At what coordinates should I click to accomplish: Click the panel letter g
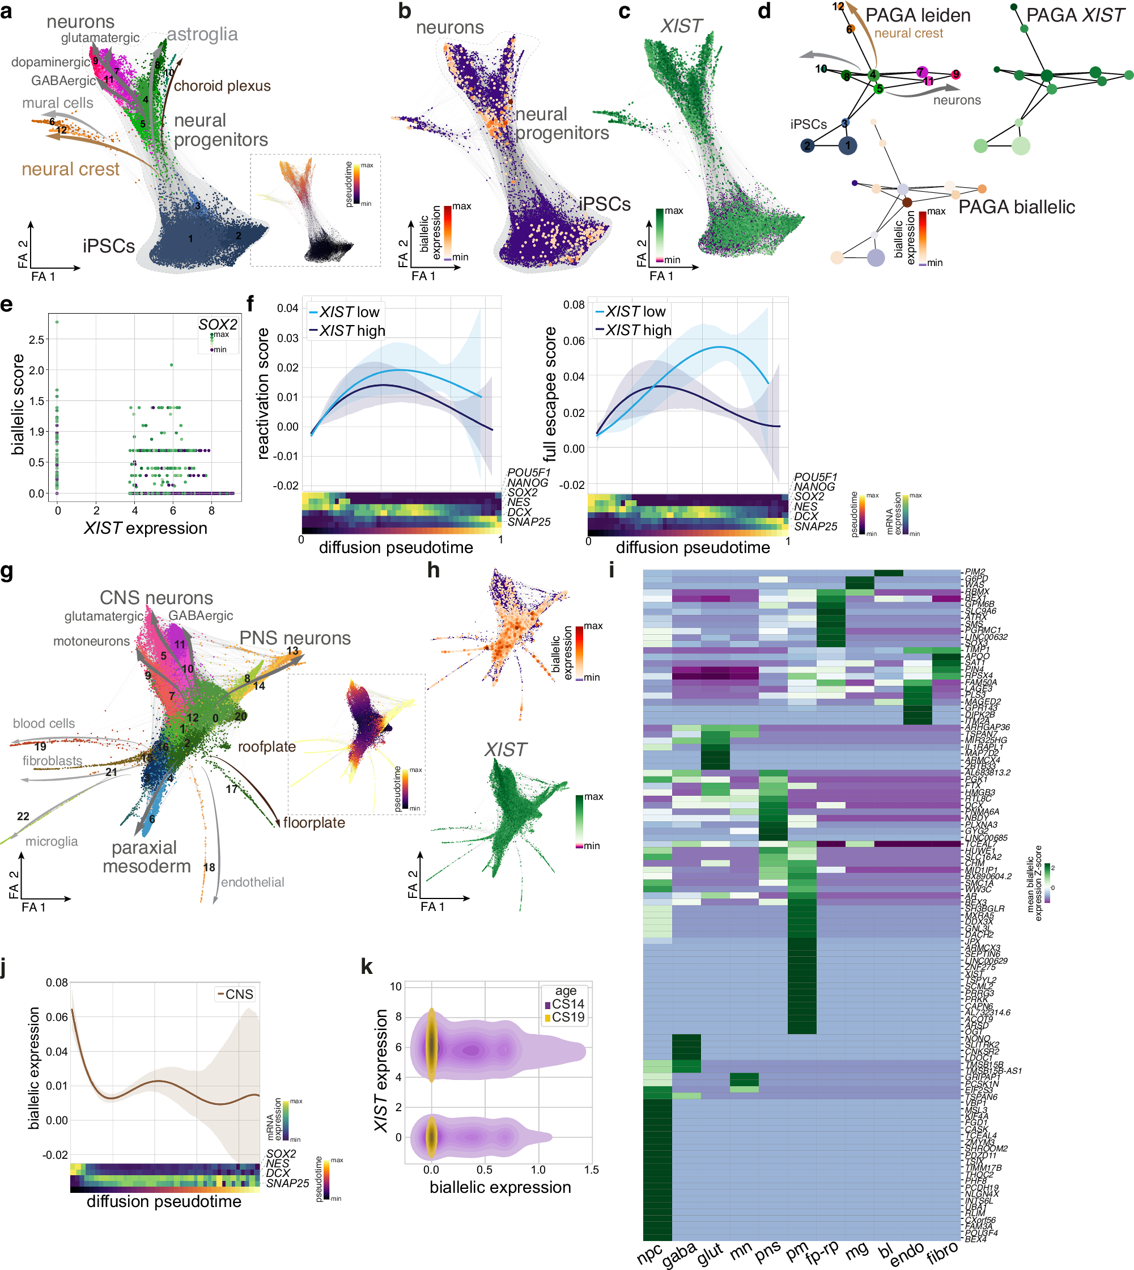(7, 572)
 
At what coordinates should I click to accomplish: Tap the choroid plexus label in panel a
(222, 86)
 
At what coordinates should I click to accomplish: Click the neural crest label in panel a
(70, 169)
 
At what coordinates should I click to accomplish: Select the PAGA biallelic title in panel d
(1016, 207)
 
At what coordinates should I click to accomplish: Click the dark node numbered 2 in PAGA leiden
(807, 146)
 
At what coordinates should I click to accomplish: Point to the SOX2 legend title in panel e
(218, 324)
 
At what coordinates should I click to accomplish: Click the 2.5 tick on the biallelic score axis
(37, 340)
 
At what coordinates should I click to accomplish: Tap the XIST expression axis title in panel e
(145, 528)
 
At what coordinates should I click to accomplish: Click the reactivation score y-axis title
(263, 394)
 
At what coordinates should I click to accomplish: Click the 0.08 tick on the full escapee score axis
(573, 305)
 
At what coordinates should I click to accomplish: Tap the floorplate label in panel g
(313, 822)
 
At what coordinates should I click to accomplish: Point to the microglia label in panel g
(52, 841)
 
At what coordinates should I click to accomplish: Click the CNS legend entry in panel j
(239, 994)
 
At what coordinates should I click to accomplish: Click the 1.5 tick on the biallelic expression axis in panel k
(591, 1170)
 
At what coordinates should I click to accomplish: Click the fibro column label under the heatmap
(941, 1252)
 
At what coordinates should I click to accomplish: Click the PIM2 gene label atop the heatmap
(975, 572)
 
